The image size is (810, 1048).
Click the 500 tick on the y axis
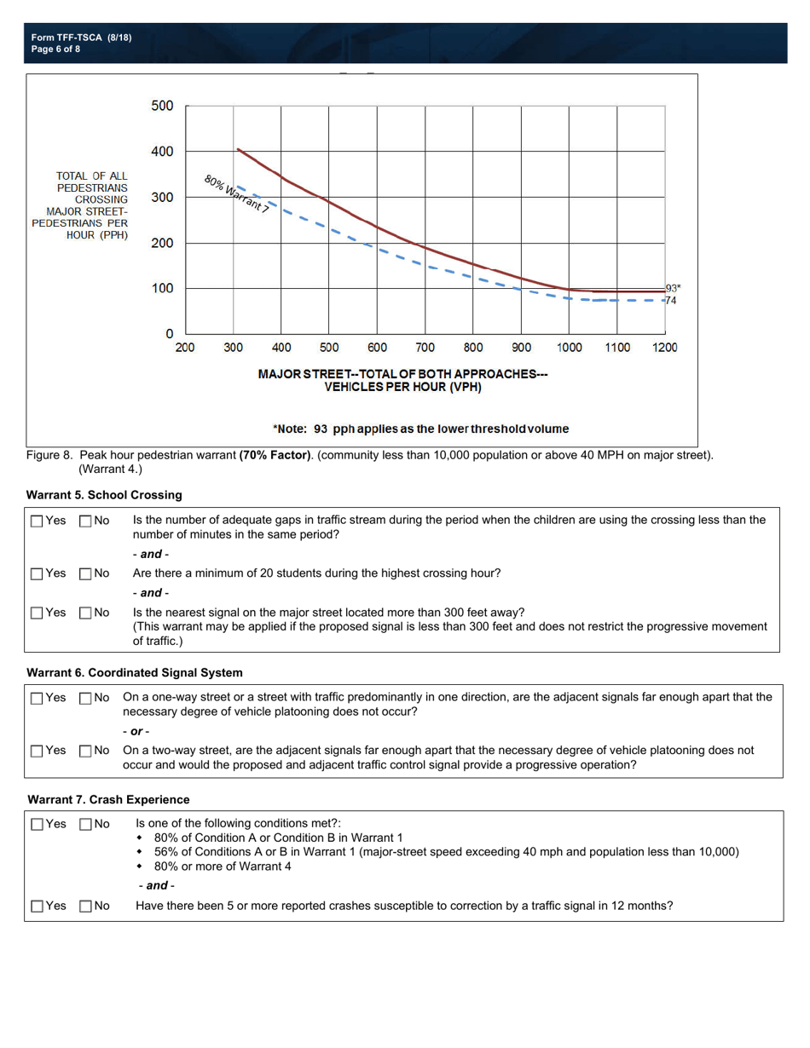[x=163, y=107]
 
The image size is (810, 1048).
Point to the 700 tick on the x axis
[x=425, y=348]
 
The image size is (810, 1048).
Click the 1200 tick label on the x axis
[x=664, y=348]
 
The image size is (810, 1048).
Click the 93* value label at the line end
[x=673, y=289]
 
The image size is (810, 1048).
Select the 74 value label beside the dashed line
[x=670, y=301]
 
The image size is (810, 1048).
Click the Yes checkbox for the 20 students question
[x=36, y=573]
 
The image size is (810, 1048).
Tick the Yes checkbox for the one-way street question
[x=36, y=698]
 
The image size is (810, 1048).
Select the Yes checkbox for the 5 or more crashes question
[x=36, y=906]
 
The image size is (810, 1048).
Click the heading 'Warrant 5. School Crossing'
[x=104, y=495]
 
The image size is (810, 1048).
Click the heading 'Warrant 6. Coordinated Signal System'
[x=135, y=672]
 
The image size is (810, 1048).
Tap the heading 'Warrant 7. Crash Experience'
[x=108, y=799]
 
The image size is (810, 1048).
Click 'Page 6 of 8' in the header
[x=55, y=49]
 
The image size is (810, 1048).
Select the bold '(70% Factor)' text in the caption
[x=275, y=456]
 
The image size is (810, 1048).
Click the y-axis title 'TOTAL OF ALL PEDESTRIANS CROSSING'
[x=91, y=187]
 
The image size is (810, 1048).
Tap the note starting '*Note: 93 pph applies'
[x=420, y=429]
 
